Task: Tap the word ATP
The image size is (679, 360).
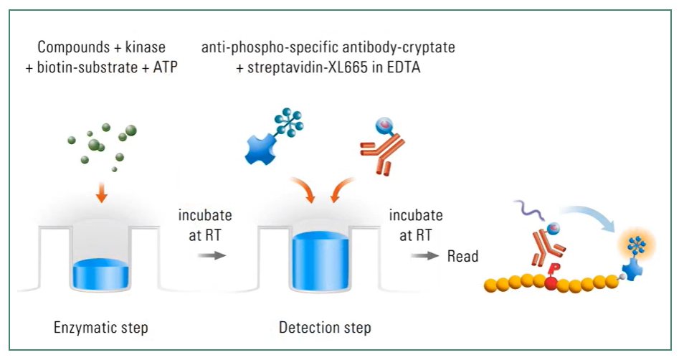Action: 166,67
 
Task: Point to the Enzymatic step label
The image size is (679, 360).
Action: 101,328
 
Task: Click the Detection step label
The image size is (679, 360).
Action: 325,328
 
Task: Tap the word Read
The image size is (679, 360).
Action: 462,256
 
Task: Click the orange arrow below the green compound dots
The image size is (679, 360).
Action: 101,193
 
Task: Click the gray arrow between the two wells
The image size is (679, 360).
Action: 212,255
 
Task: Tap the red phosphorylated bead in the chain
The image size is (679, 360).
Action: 551,284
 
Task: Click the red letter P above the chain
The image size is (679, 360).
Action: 552,270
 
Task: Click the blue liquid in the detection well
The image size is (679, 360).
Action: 320,261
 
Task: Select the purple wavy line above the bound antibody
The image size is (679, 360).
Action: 529,212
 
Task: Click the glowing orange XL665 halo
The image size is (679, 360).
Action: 637,246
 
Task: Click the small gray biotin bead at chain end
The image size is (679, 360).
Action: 622,276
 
